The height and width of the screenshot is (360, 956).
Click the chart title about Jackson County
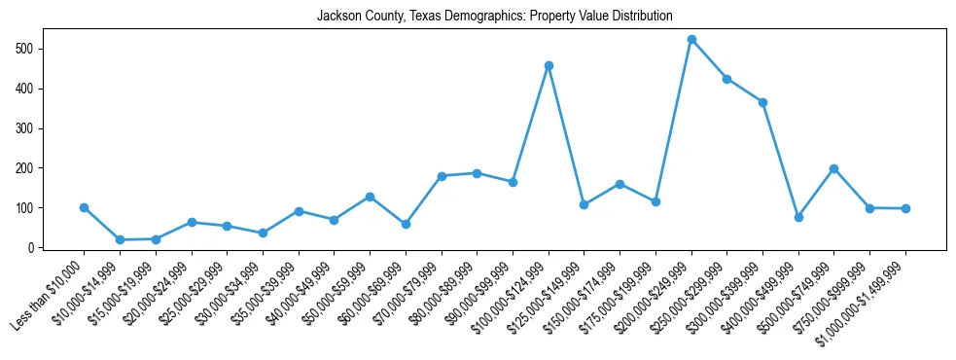[x=494, y=16]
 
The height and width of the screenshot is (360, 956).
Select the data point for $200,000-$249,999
[x=691, y=40]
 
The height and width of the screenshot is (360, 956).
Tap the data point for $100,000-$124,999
[x=549, y=66]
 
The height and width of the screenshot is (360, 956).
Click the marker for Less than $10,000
[x=84, y=207]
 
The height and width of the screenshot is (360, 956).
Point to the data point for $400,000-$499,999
[x=798, y=217]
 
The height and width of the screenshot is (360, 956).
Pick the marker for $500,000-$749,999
[x=834, y=168]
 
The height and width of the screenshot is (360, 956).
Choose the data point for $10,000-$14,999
[x=120, y=239]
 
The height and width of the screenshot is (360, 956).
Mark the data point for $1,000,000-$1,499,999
[x=905, y=208]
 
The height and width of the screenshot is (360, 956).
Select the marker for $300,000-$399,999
[x=762, y=102]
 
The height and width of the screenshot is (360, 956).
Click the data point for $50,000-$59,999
[x=370, y=197]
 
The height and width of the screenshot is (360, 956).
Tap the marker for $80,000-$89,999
[x=477, y=173]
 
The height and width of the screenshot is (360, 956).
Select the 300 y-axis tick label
[x=32, y=128]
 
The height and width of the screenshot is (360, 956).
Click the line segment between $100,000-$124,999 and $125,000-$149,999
[x=566, y=135]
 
